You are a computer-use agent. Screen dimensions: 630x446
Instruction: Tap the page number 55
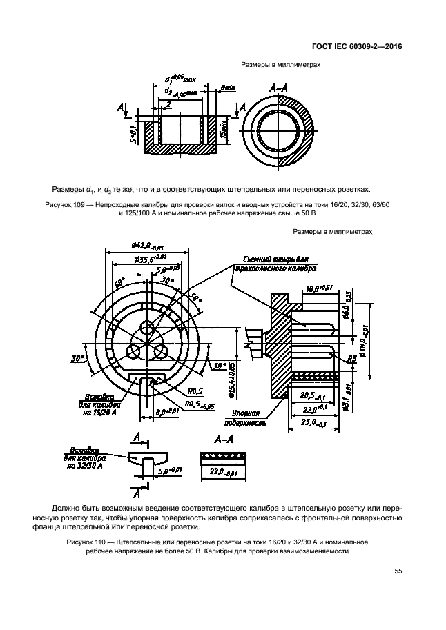pos(398,570)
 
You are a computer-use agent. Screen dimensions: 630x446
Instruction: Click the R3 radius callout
pos(351,358)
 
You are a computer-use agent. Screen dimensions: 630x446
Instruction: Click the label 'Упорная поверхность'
pos(245,417)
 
